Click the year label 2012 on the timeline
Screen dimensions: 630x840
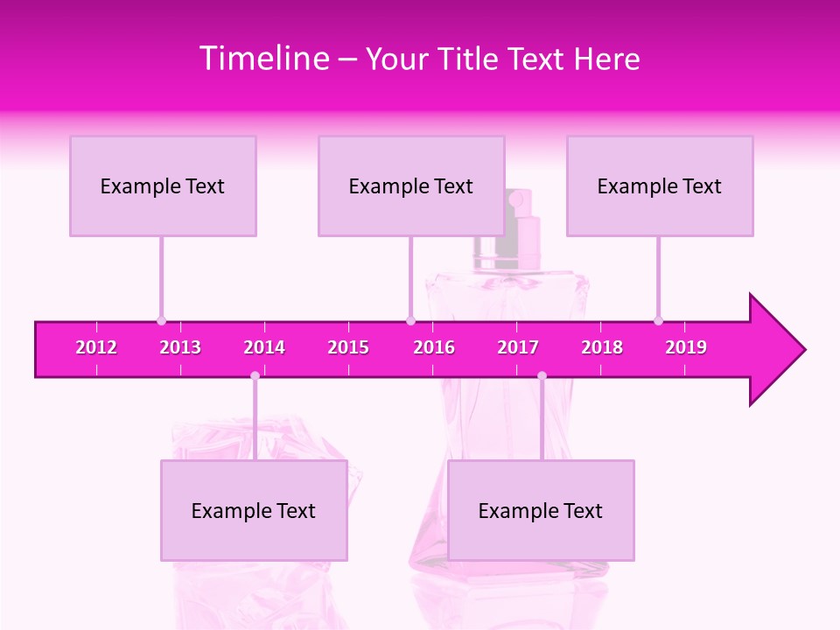pyautogui.click(x=96, y=348)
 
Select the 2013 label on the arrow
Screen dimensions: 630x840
pyautogui.click(x=180, y=348)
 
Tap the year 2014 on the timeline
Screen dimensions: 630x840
pyautogui.click(x=264, y=348)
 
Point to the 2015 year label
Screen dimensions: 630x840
pyautogui.click(x=348, y=348)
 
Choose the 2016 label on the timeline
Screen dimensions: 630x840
pyautogui.click(x=434, y=348)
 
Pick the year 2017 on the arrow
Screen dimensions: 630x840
pyautogui.click(x=518, y=348)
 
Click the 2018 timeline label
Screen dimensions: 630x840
pyautogui.click(x=602, y=348)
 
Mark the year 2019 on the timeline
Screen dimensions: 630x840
pyautogui.click(x=686, y=348)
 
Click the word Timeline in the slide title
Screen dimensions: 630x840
pyautogui.click(x=262, y=59)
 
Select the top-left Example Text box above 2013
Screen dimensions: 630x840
pyautogui.click(x=163, y=185)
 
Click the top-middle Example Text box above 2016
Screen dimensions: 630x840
pyautogui.click(x=411, y=185)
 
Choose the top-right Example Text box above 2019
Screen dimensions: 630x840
pyautogui.click(x=660, y=185)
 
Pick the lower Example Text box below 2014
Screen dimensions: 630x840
pyautogui.click(x=254, y=510)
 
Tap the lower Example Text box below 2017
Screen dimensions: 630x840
pyautogui.click(x=541, y=510)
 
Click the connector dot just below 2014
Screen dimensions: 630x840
pyautogui.click(x=255, y=375)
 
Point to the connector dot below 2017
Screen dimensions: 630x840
pyautogui.click(x=542, y=375)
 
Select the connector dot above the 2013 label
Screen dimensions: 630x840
pyautogui.click(x=161, y=321)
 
